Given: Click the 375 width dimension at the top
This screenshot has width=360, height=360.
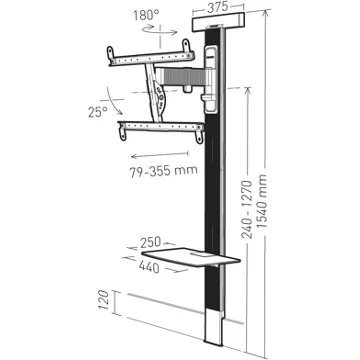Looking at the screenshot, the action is (217, 7).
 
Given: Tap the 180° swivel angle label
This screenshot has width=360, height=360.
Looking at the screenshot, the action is (146, 15).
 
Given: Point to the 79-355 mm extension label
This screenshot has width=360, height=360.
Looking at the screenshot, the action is (163, 170).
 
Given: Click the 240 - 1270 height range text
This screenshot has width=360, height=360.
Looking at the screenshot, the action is (247, 209).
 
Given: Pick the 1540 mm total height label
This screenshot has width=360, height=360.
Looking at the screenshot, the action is (262, 201).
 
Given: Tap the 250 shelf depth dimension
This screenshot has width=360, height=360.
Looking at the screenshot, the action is (150, 242).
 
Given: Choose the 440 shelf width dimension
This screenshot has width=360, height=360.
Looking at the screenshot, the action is (149, 267).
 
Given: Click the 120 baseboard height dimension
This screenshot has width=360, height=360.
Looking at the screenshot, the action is (104, 300).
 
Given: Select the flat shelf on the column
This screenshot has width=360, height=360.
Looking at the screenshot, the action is (193, 257).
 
